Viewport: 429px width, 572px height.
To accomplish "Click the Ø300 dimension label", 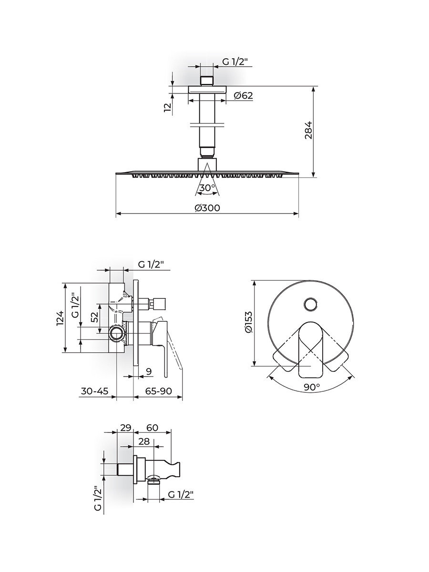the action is (x=207, y=208).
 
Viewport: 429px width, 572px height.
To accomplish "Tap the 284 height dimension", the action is (x=308, y=130).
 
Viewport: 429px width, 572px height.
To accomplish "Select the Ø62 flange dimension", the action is (x=243, y=95).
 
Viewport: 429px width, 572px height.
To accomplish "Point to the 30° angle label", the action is (x=207, y=187).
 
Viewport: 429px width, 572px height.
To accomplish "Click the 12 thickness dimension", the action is (x=168, y=107).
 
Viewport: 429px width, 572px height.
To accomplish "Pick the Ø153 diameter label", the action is (x=248, y=322).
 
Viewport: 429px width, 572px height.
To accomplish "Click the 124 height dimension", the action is (x=60, y=318).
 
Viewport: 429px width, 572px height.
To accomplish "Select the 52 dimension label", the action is (x=95, y=317).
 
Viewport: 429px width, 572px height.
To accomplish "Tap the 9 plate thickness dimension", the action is (x=149, y=371).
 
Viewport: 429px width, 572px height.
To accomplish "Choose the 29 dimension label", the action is (x=125, y=428).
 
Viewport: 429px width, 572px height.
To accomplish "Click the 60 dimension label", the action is (x=153, y=428).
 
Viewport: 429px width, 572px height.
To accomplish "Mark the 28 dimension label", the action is (x=144, y=441).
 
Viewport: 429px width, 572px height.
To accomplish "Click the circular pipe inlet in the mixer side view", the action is (x=116, y=333).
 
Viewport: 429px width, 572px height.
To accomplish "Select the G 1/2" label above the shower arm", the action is (x=235, y=62).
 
